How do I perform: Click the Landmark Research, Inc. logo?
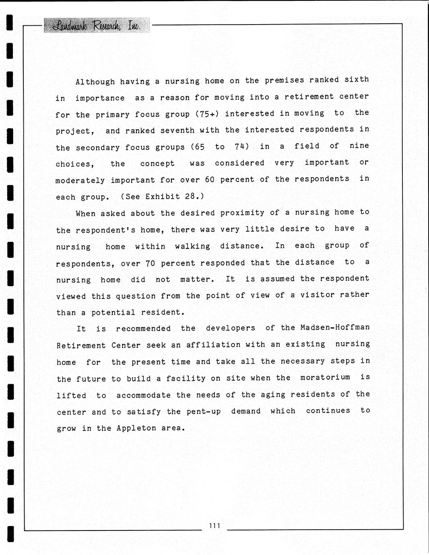[97, 25]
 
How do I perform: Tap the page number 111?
[214, 525]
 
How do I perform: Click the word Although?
[95, 82]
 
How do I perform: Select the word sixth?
[357, 79]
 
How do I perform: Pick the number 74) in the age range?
[242, 146]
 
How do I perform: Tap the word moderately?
[80, 181]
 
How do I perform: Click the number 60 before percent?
[210, 179]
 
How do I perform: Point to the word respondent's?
[105, 230]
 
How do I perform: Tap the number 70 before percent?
[150, 263]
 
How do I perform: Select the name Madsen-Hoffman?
[335, 327]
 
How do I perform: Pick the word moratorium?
[325, 378]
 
